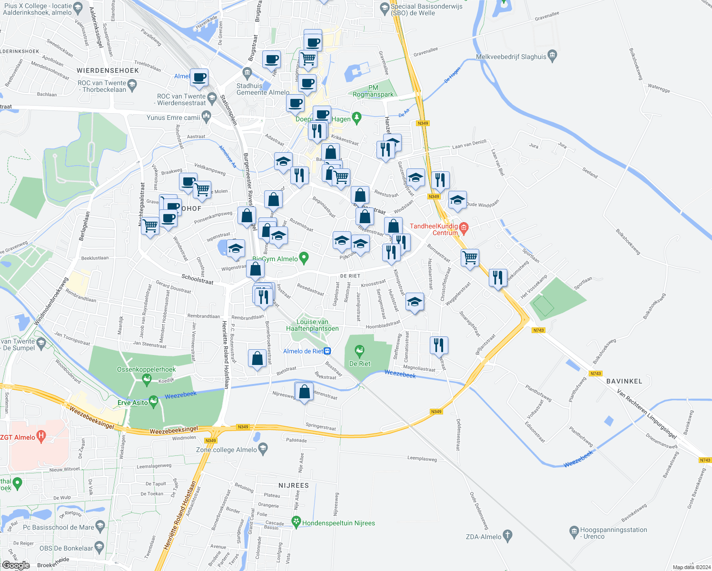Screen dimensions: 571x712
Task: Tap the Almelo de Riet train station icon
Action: (x=327, y=351)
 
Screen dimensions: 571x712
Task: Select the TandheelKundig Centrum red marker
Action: (x=465, y=228)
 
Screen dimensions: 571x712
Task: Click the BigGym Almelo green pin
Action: (x=305, y=258)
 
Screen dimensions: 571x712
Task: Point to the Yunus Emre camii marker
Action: (x=206, y=115)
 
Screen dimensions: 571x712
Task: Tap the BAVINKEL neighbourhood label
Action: (x=624, y=381)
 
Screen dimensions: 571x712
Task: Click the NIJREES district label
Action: (x=294, y=485)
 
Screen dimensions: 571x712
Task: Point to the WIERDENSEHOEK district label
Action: (x=108, y=70)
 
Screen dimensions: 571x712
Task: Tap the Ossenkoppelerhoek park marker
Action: (x=147, y=378)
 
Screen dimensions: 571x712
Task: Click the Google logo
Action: (x=16, y=565)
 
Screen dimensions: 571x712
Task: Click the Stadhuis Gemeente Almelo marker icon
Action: (x=247, y=72)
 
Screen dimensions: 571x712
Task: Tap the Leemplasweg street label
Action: (x=422, y=458)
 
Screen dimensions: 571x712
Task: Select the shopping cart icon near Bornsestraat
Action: (x=470, y=257)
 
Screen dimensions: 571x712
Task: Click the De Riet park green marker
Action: (x=360, y=352)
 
